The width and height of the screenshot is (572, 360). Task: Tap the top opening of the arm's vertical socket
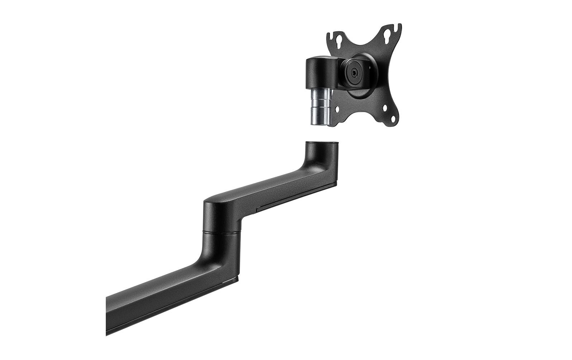pyautogui.click(x=322, y=143)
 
